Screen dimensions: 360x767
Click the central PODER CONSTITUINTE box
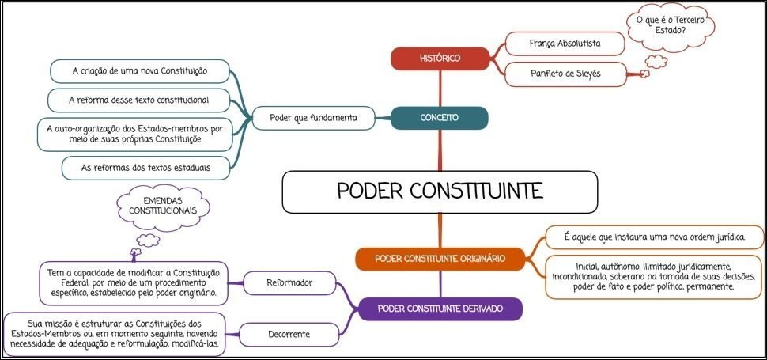point(440,192)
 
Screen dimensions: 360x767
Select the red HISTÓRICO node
point(440,58)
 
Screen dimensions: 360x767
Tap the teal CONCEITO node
point(440,118)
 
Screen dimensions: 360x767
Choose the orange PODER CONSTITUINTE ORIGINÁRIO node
point(440,258)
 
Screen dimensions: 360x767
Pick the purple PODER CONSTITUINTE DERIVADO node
point(440,308)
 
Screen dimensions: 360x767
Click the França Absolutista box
point(564,43)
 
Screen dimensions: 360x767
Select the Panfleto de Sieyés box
point(564,74)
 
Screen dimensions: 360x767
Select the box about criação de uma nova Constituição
point(139,71)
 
